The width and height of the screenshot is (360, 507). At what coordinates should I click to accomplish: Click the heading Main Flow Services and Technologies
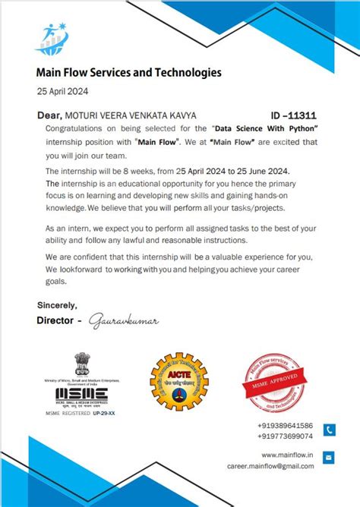tap(129, 73)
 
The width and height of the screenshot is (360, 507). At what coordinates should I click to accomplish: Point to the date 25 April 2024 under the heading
tap(62, 91)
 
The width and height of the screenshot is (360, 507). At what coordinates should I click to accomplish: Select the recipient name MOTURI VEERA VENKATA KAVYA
tap(131, 115)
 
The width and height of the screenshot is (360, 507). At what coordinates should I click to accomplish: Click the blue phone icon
tap(329, 430)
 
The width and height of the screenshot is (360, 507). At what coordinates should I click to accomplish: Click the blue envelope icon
tap(329, 457)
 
